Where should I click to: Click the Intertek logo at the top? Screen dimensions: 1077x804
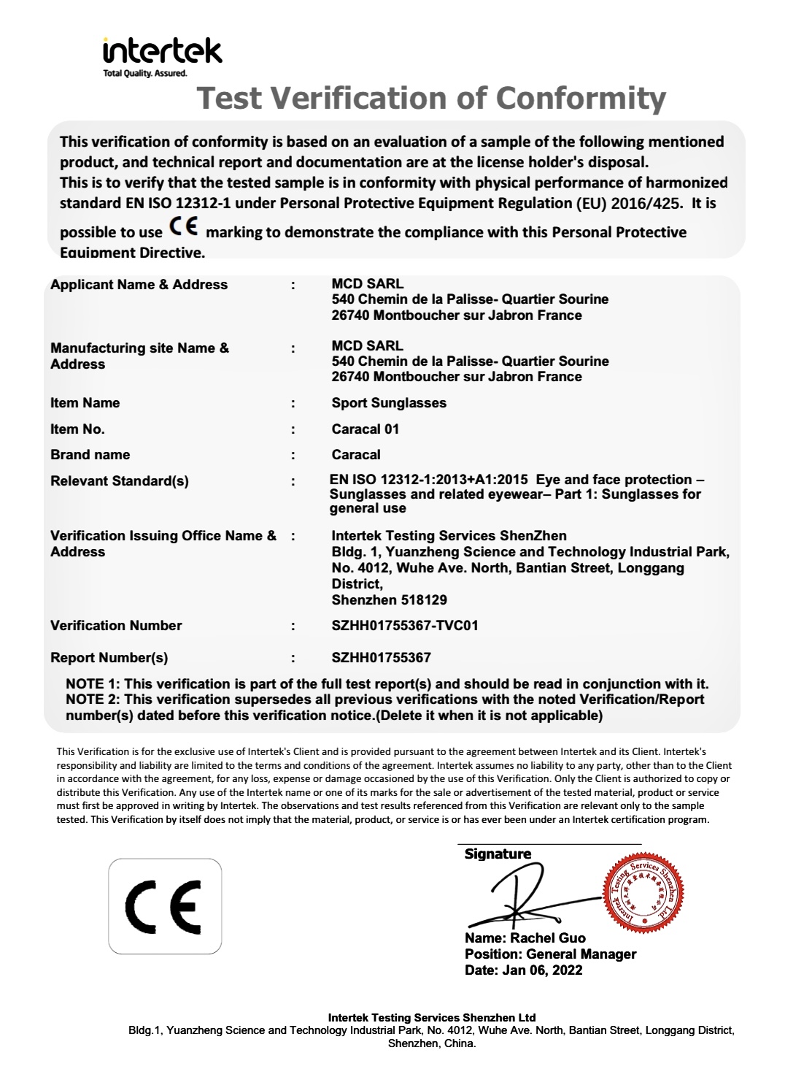pos(162,53)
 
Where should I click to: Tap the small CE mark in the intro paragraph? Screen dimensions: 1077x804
pos(182,226)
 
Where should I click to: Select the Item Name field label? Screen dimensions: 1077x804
pos(85,403)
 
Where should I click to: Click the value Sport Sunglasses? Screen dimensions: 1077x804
pos(389,403)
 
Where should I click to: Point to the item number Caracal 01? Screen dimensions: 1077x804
pos(365,429)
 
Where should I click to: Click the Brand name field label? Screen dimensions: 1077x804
pos(90,455)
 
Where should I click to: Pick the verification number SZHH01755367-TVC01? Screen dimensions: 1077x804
pos(405,626)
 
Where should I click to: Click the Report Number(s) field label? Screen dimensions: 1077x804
pos(109,658)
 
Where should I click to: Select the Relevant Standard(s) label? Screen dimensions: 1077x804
pos(119,481)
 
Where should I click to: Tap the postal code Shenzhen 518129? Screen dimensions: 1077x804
pos(389,600)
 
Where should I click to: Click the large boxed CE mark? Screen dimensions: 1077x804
pos(165,906)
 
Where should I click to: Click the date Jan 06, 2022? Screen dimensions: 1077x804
pos(542,970)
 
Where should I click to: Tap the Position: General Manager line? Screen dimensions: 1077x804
pos(550,954)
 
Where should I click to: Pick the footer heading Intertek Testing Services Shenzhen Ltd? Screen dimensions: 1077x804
pos(432,1018)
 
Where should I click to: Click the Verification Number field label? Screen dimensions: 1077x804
pos(116,626)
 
